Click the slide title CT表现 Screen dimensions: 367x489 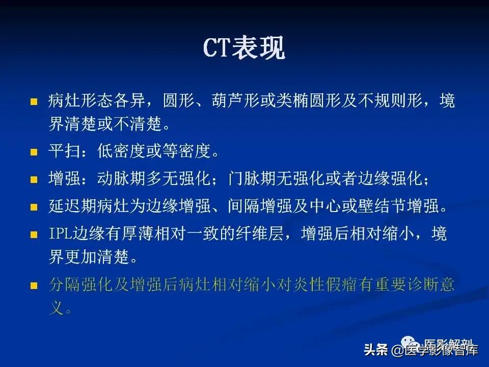(244, 49)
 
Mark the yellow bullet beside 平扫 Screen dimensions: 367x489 (34, 152)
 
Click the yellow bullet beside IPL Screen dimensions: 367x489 (34, 235)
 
